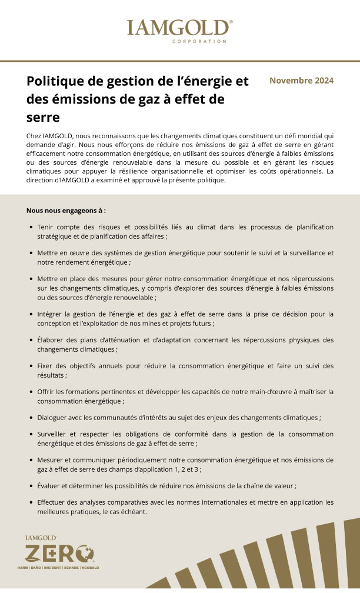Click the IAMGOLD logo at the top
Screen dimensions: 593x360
179,28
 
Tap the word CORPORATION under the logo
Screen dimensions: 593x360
199,42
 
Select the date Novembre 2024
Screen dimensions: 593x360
301,81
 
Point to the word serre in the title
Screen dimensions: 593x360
44,117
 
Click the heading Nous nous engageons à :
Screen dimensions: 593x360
66,210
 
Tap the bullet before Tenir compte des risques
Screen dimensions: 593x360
31,226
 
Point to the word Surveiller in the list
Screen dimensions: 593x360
54,434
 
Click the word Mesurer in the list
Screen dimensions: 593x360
52,460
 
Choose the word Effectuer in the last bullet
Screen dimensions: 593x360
53,502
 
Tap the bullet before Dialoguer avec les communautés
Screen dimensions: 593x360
31,417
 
